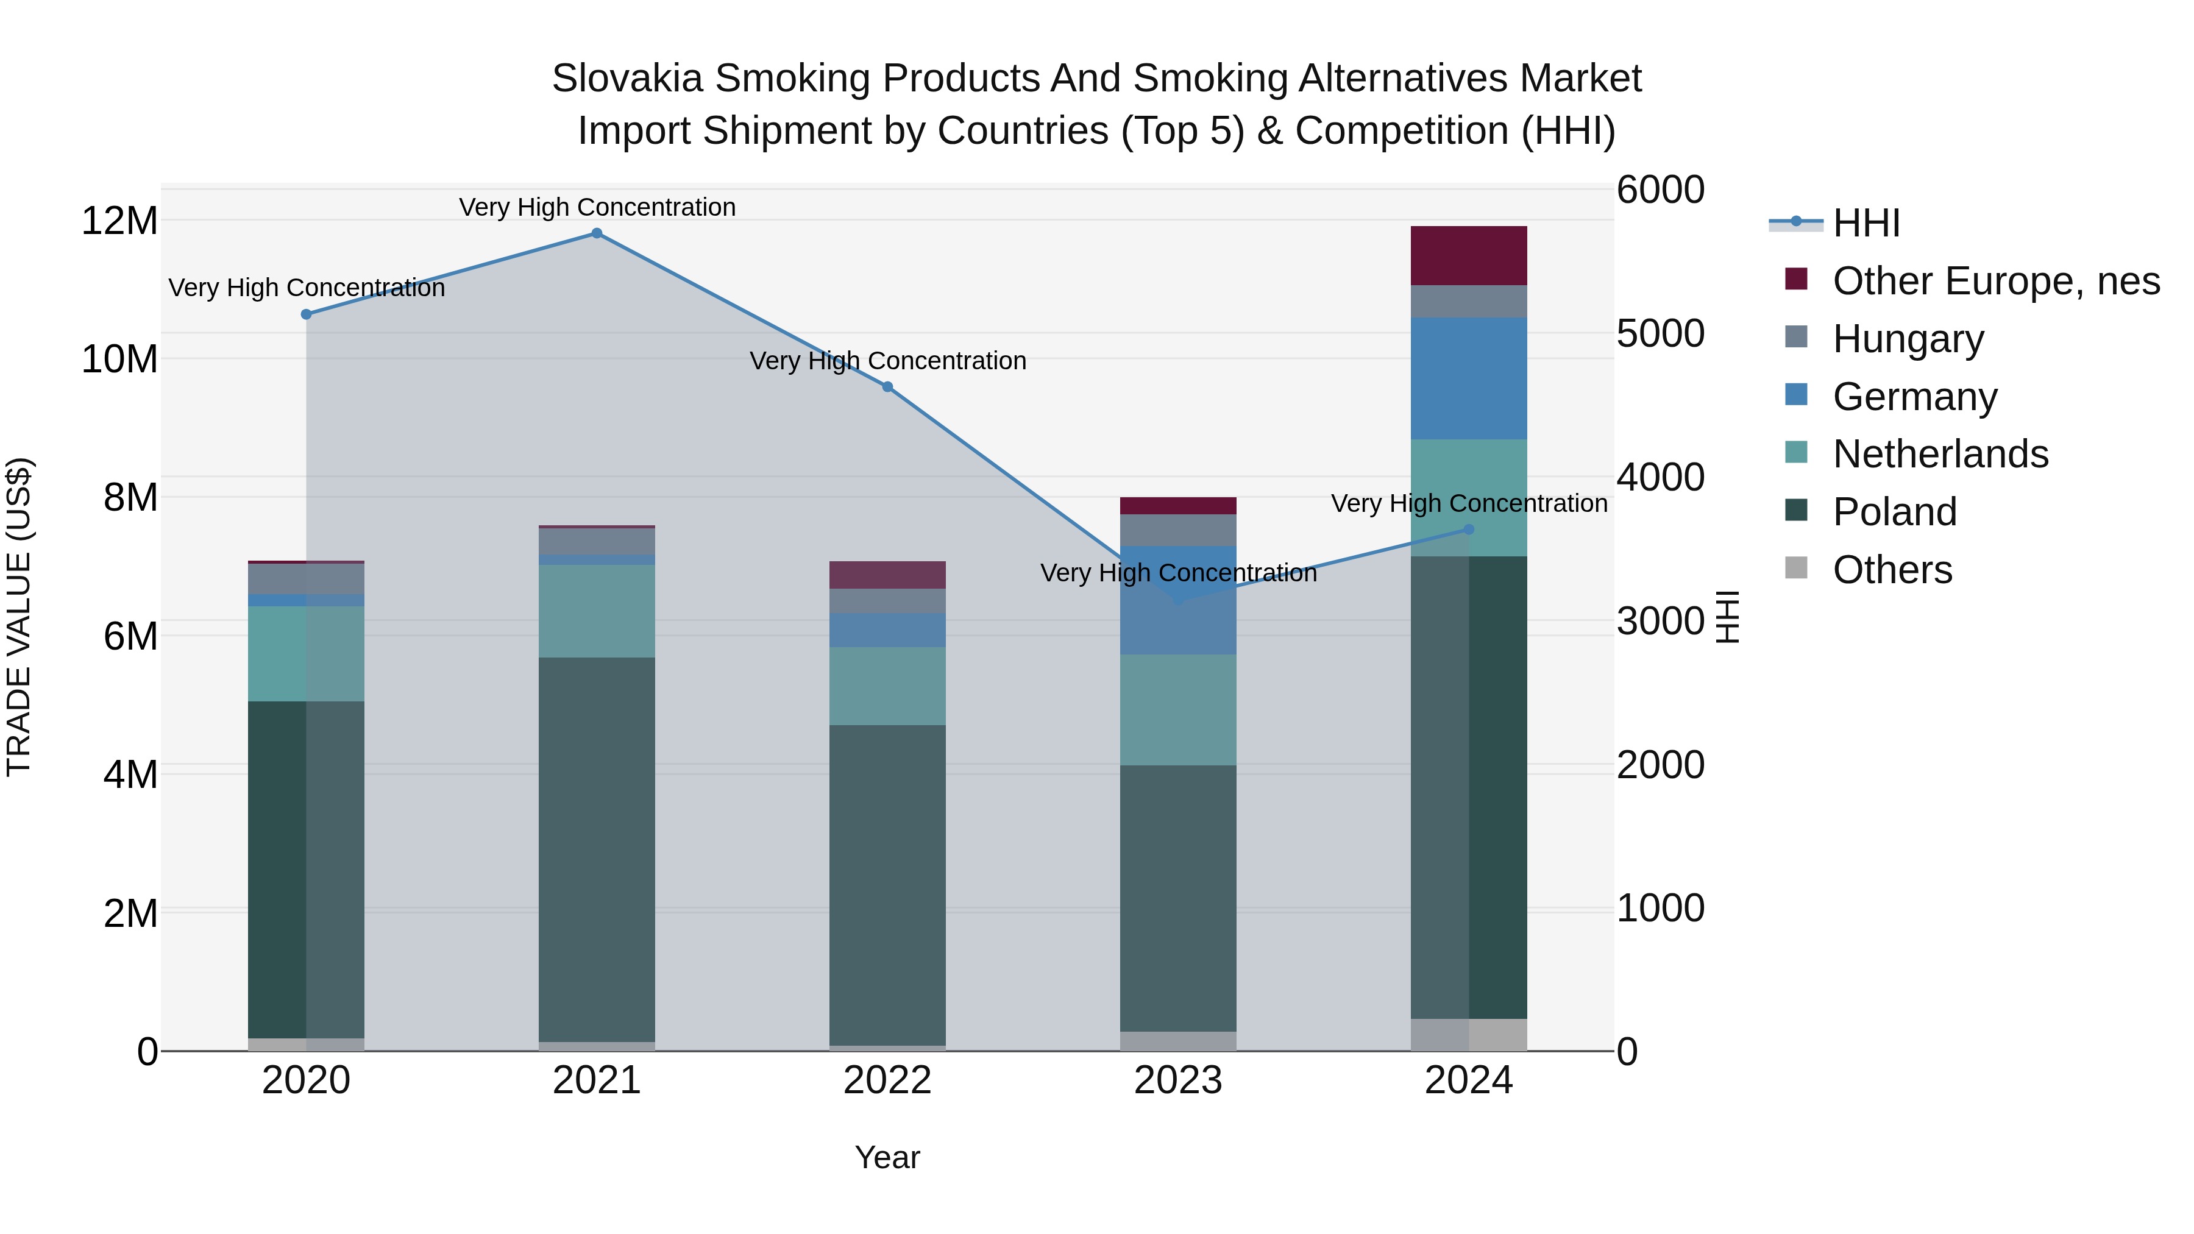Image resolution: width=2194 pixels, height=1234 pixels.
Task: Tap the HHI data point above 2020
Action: tap(307, 314)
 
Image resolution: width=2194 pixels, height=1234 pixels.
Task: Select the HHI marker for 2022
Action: tap(887, 386)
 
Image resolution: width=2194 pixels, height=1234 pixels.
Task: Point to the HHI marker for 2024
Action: tap(1468, 530)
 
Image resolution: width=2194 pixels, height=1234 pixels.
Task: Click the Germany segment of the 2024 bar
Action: tap(1468, 379)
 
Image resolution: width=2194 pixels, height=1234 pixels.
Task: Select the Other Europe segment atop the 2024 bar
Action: tap(1468, 255)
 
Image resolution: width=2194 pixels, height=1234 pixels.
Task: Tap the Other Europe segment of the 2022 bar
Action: tap(887, 575)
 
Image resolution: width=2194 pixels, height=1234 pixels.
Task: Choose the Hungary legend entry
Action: tap(1908, 339)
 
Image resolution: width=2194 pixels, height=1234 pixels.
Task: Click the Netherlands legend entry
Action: tap(1940, 454)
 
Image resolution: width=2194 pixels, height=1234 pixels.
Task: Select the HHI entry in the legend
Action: tap(1866, 223)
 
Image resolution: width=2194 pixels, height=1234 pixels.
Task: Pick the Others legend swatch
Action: tap(1795, 568)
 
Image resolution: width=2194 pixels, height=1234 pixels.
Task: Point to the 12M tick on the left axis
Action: tap(119, 221)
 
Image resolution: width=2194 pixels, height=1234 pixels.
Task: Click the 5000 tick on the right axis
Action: tap(1660, 334)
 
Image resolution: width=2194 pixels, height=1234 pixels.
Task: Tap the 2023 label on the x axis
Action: tap(1178, 1080)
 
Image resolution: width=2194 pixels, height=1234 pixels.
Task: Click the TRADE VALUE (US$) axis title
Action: tap(19, 617)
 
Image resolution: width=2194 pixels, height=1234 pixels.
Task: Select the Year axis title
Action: tap(887, 1157)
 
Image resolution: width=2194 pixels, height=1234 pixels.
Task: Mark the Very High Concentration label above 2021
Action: tap(597, 207)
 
